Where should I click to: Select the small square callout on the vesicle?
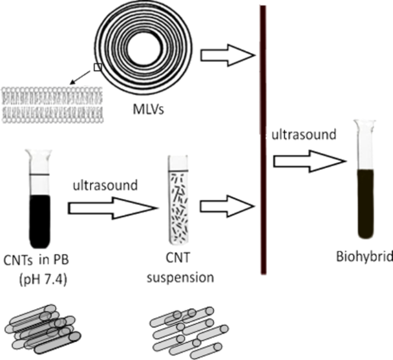click(x=98, y=66)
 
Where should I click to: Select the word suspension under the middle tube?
click(x=180, y=280)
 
